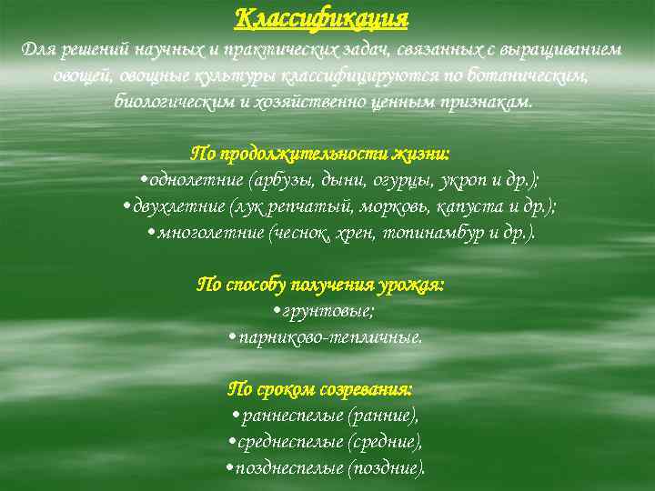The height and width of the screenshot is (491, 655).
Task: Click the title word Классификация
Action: coord(322,17)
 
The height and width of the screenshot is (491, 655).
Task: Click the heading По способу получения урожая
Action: coord(321,285)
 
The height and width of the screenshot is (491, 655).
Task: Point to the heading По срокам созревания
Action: coord(319,389)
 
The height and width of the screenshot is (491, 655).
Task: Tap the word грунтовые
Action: coord(327,311)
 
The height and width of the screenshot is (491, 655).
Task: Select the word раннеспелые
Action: coord(291,416)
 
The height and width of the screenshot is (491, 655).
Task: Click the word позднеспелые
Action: coord(287,469)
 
